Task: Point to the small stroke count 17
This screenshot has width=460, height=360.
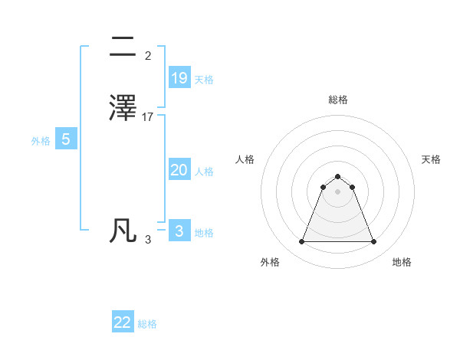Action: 148,117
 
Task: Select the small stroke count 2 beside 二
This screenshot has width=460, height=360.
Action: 147,56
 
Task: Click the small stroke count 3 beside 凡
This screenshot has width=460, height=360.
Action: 147,240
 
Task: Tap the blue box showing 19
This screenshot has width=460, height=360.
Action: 179,78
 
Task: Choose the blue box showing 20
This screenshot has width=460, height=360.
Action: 179,170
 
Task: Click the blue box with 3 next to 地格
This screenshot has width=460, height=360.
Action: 179,231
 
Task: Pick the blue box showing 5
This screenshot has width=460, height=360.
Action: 66,139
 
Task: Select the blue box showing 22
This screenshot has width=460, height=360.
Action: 123,322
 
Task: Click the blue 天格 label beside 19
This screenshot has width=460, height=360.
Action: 204,80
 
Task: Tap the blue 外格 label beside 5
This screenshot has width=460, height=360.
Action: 41,141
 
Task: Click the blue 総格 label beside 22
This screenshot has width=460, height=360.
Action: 147,324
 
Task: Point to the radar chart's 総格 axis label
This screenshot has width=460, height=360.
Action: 338,100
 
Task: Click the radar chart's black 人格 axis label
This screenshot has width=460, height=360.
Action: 245,159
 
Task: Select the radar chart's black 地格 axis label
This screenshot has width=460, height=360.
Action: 402,262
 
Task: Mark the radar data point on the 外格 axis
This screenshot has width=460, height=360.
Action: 301,242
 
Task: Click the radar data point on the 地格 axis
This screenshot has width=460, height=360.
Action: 374,242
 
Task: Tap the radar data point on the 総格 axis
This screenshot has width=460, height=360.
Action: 338,174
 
